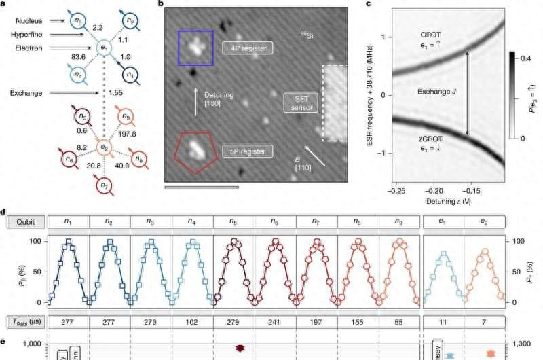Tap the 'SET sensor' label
pos(297,103)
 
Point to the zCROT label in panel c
pos(430,139)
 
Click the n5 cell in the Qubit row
pos(233,221)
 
